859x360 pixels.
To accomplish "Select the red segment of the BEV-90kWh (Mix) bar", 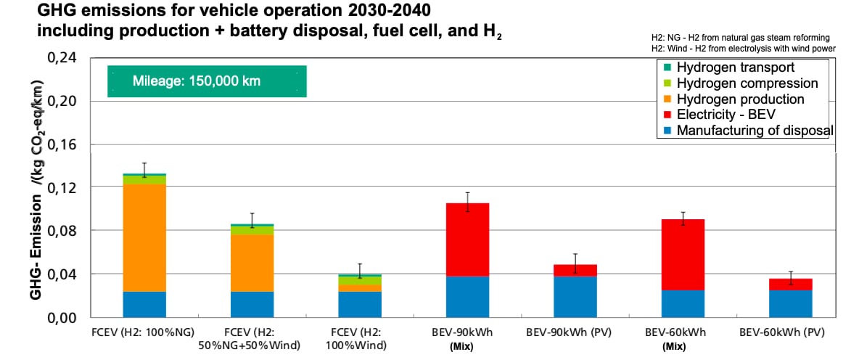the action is [467, 240].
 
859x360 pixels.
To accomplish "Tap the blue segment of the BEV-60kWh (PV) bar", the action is [791, 303].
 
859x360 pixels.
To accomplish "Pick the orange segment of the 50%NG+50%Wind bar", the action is [252, 263].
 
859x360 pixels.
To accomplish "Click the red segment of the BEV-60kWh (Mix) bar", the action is [683, 255].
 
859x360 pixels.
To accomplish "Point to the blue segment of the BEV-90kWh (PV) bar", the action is [575, 297].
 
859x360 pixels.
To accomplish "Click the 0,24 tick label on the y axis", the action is [64, 58].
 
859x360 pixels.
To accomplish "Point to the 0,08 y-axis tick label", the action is [64, 231].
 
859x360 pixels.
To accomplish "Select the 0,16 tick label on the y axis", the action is [64, 144].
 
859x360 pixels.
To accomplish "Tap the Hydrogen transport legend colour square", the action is [667, 68].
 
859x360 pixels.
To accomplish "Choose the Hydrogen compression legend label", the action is [747, 84].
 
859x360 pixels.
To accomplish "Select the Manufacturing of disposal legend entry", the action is [748, 131].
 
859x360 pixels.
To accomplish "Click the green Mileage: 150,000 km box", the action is [207, 81].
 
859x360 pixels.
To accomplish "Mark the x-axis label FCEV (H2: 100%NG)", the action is [144, 332].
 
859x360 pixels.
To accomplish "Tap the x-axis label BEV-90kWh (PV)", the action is [575, 332].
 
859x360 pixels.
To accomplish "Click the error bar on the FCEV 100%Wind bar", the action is [359, 271].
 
